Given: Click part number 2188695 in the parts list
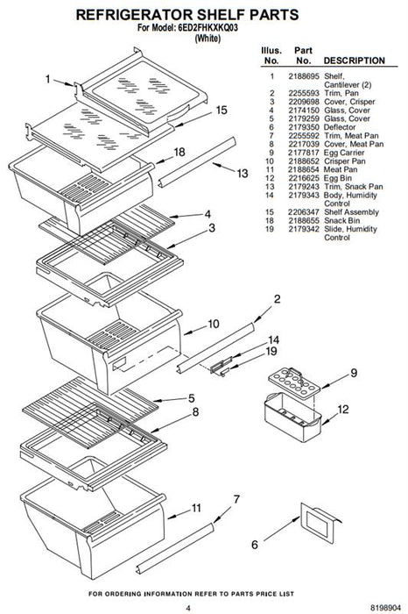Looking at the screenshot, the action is coord(304,76).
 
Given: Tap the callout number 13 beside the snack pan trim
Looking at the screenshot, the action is coord(243,173).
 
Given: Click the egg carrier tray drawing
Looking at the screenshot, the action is coord(294,381).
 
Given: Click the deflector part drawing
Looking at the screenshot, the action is coord(320,523).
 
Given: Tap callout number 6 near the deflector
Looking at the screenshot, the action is coord(255,545).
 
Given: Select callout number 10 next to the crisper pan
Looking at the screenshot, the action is coord(214,325).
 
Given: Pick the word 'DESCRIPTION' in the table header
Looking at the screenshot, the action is coord(354,61).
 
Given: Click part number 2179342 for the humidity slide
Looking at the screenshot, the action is coord(304,229).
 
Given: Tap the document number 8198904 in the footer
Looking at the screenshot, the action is coord(385,607).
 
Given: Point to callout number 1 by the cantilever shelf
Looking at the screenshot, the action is coord(47,80).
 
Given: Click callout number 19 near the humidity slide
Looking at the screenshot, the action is coord(271,351).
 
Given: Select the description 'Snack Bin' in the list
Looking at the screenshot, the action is coord(342,220).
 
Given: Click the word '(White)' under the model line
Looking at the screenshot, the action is coord(208,39).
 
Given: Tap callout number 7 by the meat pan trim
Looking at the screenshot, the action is coord(236,500).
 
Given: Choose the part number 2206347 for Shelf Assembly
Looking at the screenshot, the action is coord(304,212).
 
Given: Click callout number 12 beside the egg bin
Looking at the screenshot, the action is coord(342,410).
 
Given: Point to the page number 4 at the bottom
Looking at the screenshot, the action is coord(188,608).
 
